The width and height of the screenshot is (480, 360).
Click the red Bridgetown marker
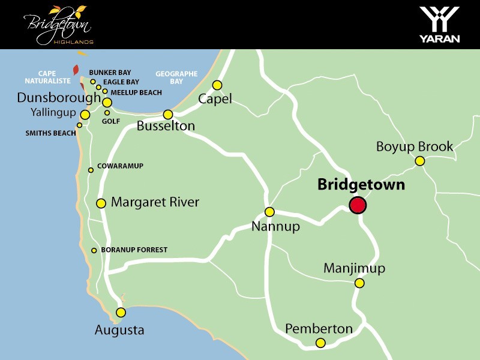(x=358, y=205)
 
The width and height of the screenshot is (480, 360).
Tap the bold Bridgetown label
(x=361, y=185)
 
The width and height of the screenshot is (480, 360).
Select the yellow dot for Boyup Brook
(x=420, y=161)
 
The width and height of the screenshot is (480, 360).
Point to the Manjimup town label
(x=354, y=268)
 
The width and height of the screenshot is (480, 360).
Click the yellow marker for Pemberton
(x=320, y=343)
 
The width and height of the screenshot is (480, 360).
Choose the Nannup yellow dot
(x=269, y=212)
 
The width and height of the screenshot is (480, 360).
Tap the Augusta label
(x=119, y=330)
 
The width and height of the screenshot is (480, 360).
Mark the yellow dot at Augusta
(x=121, y=312)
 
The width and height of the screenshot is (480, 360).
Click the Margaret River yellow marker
(x=101, y=203)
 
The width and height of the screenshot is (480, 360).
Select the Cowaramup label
(x=120, y=166)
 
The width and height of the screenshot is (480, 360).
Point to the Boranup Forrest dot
(x=94, y=251)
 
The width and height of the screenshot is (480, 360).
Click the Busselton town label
(x=166, y=126)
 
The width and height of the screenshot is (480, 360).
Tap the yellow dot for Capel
(x=217, y=85)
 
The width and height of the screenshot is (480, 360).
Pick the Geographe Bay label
(x=176, y=77)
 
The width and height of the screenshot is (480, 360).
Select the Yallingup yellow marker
(x=85, y=115)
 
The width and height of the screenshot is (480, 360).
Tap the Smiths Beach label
(x=50, y=133)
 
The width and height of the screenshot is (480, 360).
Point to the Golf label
(x=111, y=121)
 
